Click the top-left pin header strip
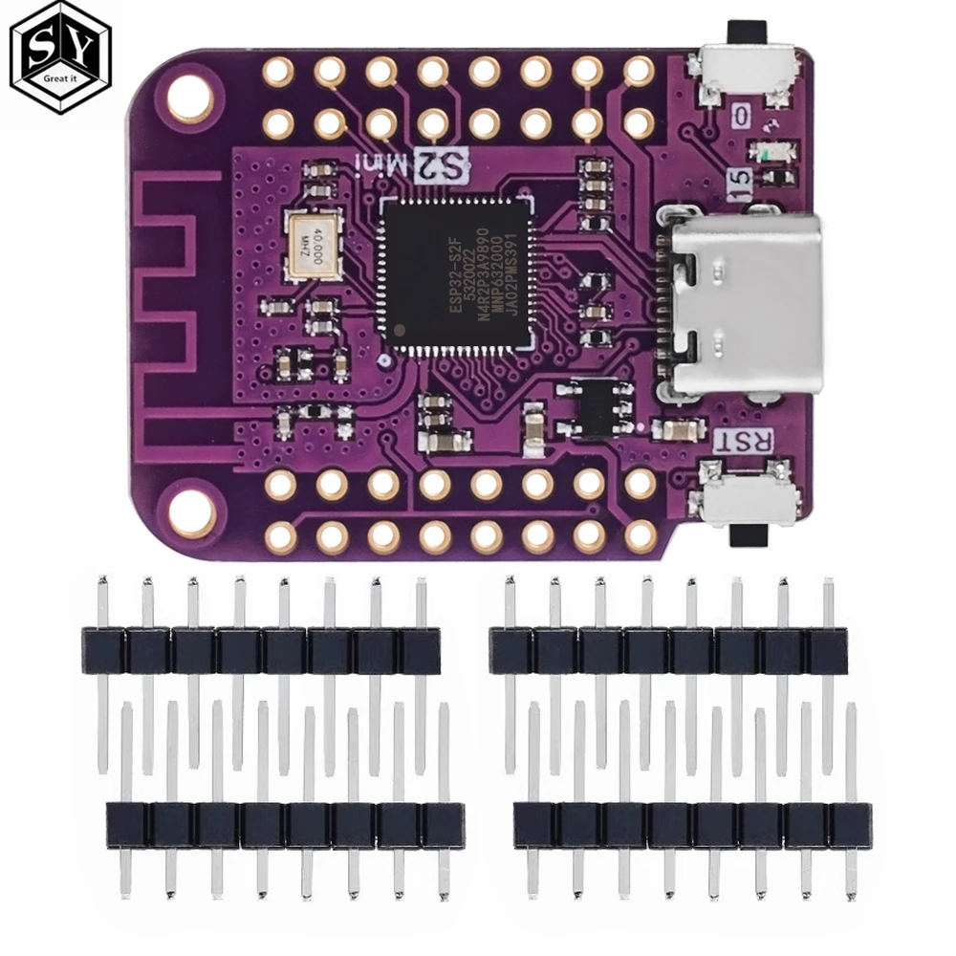click(x=260, y=650)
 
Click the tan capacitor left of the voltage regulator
click(x=533, y=422)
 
